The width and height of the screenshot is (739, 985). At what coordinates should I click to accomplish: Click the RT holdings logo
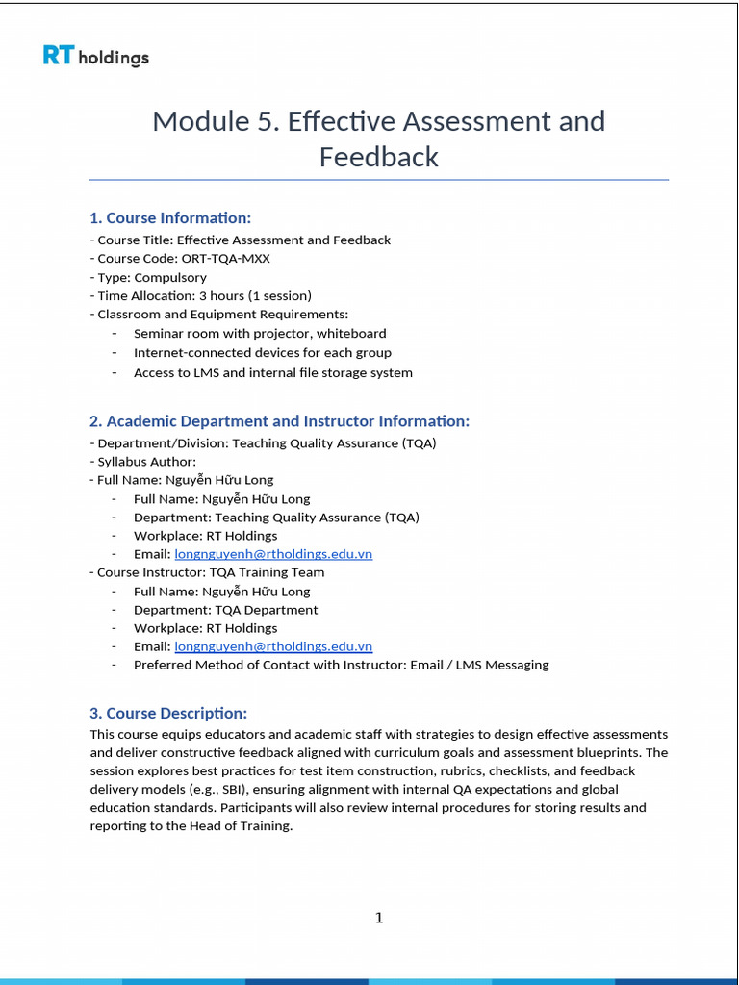[x=95, y=57]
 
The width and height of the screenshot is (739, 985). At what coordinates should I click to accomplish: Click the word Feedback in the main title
[x=378, y=157]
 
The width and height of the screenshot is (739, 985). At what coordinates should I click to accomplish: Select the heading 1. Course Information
[x=170, y=217]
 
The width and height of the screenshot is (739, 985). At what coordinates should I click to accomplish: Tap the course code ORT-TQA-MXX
[x=224, y=259]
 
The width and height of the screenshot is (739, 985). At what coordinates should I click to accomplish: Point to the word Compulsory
[x=170, y=277]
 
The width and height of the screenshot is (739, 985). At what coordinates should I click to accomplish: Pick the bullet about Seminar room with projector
[x=260, y=333]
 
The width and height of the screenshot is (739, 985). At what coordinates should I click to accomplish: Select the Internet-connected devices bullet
[x=263, y=352]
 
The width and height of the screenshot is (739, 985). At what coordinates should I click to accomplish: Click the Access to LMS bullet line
[x=273, y=372]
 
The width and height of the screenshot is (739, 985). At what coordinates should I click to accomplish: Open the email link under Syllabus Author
[x=273, y=554]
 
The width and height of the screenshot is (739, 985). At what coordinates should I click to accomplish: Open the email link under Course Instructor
[x=273, y=646]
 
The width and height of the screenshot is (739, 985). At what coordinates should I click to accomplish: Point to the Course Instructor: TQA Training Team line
[x=207, y=572]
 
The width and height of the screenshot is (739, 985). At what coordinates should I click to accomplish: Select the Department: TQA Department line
[x=225, y=610]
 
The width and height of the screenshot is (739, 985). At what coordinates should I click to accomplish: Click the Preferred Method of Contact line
[x=341, y=665]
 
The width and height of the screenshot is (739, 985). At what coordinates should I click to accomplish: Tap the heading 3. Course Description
[x=168, y=713]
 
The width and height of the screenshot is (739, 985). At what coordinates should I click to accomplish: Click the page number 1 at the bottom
[x=378, y=918]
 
